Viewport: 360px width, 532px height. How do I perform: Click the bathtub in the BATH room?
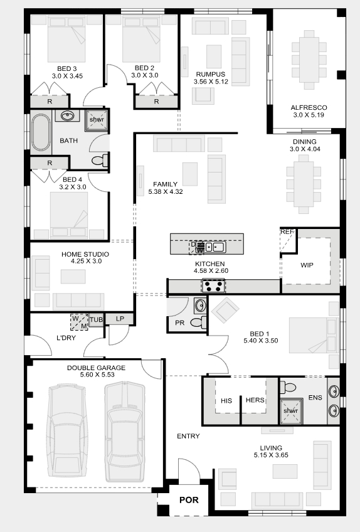point(41,132)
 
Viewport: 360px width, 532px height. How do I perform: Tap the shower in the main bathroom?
point(97,120)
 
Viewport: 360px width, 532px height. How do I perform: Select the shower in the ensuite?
point(291,411)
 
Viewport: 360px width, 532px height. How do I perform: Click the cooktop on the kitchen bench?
point(213,285)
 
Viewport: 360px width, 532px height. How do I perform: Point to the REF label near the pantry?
point(287,231)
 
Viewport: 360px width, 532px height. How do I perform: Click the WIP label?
point(307,265)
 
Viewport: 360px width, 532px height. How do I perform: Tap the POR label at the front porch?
point(189,500)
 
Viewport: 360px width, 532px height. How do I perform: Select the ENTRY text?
point(188,436)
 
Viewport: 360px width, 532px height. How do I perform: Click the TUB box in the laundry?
point(96,320)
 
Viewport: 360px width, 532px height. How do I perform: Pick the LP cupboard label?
point(120,319)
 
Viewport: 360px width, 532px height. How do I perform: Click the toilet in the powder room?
point(198,322)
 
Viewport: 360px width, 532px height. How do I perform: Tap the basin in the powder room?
point(200,306)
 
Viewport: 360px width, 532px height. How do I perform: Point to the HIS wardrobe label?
point(226,401)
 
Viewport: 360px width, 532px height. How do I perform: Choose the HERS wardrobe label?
point(255,400)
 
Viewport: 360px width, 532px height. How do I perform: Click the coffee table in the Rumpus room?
point(214,56)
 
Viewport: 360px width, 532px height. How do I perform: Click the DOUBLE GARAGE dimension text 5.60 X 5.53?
point(97,375)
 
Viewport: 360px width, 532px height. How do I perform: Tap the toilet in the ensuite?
point(287,387)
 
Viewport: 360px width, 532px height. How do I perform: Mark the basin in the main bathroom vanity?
point(68,115)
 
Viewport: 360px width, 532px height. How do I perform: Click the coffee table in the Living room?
point(285,472)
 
